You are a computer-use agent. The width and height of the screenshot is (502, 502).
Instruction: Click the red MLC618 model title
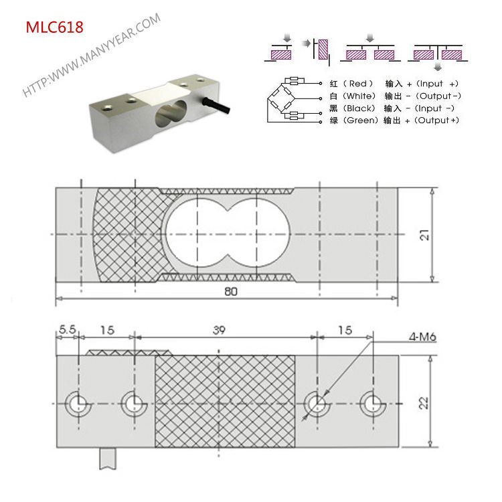point(55,27)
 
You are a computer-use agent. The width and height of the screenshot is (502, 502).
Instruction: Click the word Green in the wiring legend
point(360,120)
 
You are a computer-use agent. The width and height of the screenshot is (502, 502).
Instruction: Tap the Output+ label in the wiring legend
point(436,120)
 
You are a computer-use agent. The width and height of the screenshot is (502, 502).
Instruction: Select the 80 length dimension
point(232,292)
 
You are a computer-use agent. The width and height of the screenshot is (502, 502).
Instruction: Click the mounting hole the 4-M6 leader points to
point(315,403)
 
